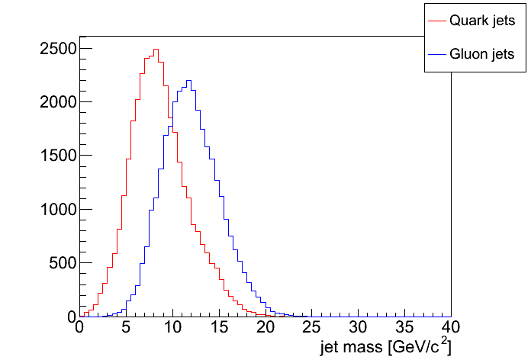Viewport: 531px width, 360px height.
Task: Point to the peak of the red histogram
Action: (156, 50)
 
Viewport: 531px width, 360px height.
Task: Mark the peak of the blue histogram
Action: (188, 80)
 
